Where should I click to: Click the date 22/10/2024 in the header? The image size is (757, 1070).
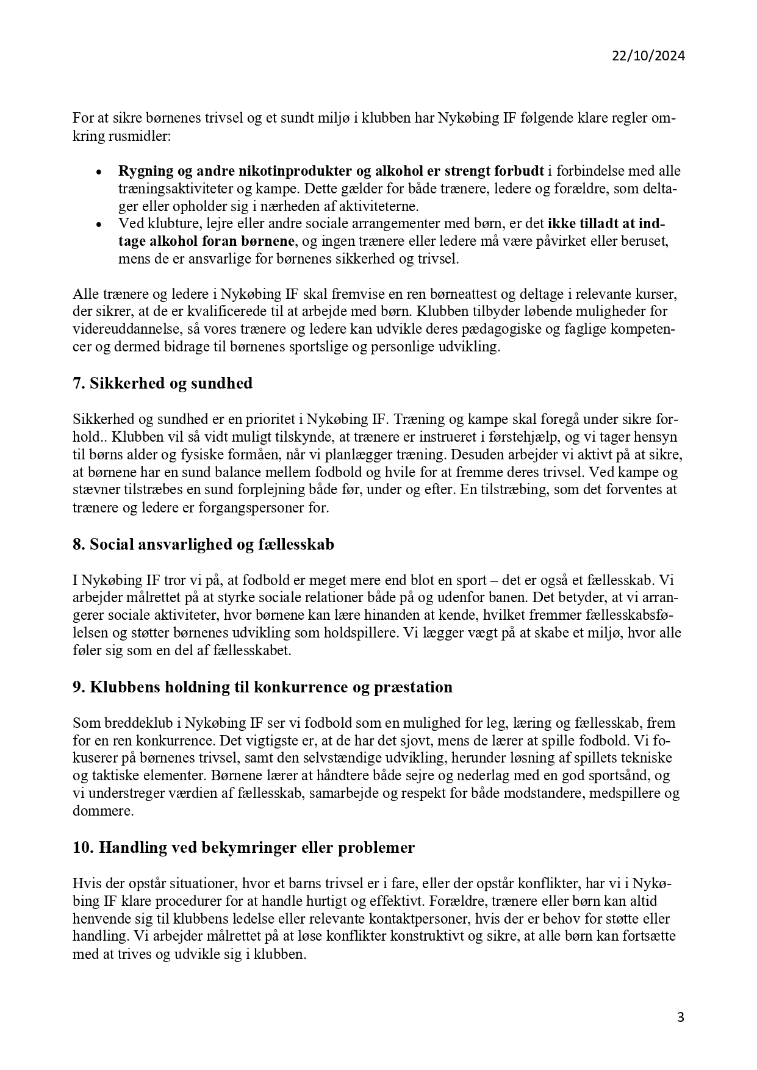coord(648,56)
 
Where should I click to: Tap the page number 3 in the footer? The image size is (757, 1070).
coord(681,1017)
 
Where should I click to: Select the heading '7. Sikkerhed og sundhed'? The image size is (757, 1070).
coord(162,384)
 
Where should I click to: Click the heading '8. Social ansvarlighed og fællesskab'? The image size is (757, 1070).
coord(203,544)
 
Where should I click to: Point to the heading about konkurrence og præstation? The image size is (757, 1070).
coord(262,688)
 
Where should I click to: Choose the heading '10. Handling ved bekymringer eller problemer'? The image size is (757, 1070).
coord(243,848)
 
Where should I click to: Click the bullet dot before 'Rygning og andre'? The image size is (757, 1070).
coord(98,172)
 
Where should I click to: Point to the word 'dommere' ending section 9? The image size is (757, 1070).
coord(103,812)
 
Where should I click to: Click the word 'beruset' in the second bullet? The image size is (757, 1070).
coord(647,242)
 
